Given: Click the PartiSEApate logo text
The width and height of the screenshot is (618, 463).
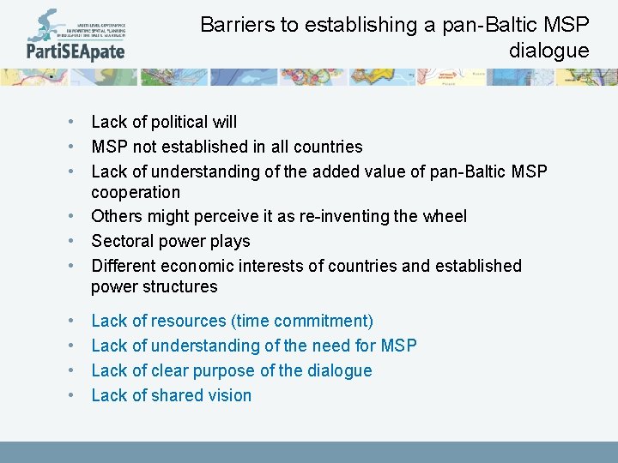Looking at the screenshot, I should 76,51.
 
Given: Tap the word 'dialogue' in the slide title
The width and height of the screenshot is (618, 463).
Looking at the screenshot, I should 548,51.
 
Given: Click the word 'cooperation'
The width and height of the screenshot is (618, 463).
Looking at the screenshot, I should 136,192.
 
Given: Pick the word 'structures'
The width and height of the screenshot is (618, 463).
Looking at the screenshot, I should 177,286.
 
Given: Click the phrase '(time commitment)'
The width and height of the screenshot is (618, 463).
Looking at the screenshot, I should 301,321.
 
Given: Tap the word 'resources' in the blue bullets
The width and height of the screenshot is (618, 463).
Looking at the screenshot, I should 190,321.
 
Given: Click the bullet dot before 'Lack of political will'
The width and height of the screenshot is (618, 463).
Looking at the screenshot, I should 75,123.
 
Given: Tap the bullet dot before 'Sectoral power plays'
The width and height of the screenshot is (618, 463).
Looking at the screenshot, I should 75,241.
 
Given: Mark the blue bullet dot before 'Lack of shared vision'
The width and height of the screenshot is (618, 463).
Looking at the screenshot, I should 75,395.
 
